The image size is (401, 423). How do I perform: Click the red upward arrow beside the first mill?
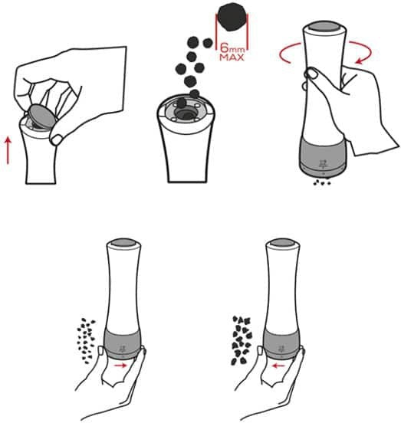(x=8, y=150)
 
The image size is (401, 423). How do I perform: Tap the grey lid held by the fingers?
(x=41, y=116)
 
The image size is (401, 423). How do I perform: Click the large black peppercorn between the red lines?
(x=232, y=16)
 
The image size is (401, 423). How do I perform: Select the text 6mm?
(x=232, y=48)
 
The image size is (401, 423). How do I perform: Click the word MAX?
(x=232, y=57)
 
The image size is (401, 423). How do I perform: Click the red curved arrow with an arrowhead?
(x=363, y=53)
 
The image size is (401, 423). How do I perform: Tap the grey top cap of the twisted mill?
(x=324, y=28)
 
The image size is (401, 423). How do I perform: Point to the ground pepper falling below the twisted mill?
(x=322, y=182)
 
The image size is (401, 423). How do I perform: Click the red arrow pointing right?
(x=120, y=366)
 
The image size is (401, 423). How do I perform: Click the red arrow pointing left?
(x=278, y=366)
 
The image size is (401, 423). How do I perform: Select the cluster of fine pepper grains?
(x=87, y=341)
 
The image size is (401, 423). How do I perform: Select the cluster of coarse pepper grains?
(x=242, y=341)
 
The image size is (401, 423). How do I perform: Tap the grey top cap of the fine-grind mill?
(x=123, y=242)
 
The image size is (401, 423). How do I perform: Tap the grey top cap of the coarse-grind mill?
(x=283, y=242)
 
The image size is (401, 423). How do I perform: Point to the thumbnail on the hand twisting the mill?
(x=312, y=73)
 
